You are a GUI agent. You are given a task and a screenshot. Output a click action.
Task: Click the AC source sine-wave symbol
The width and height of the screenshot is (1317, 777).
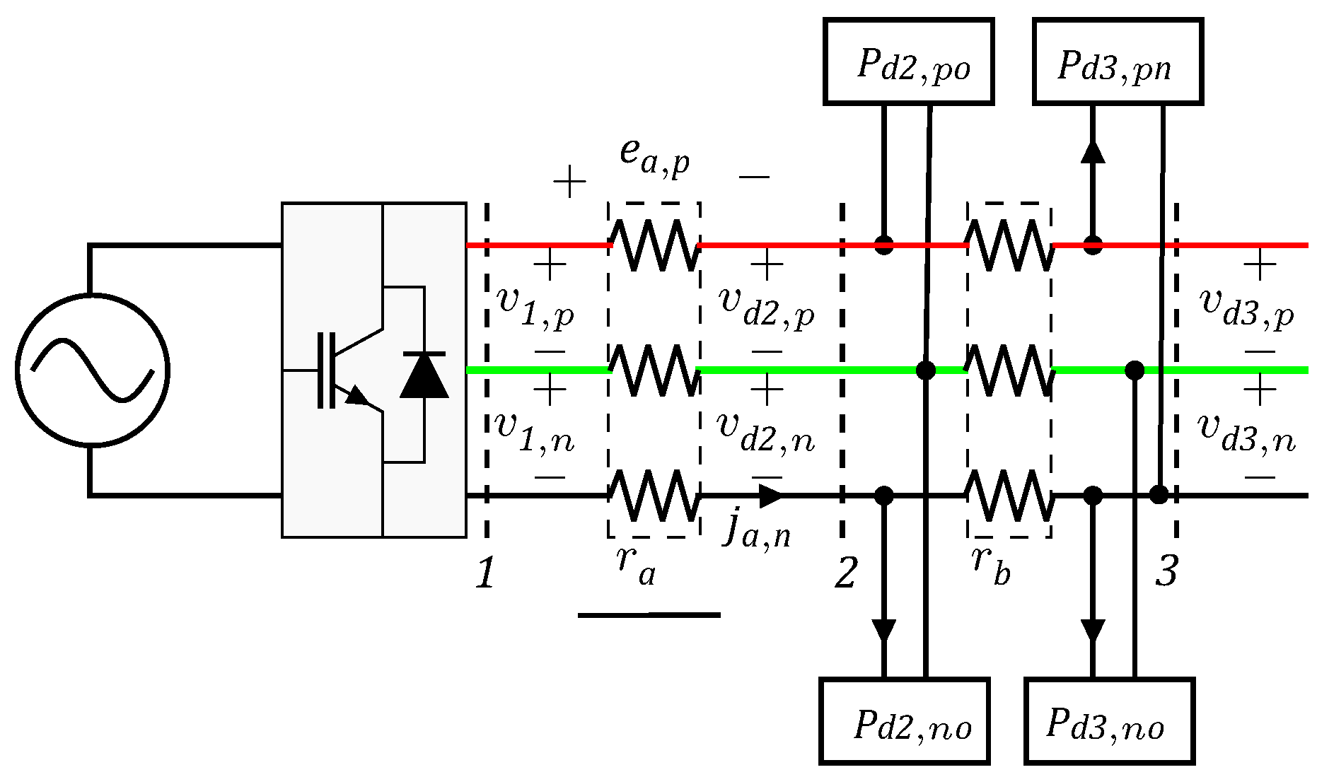pos(92,370)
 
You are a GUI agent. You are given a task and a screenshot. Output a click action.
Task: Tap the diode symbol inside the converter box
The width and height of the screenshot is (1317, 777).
pos(424,375)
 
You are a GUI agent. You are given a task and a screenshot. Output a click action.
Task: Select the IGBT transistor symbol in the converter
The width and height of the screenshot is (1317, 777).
pos(347,370)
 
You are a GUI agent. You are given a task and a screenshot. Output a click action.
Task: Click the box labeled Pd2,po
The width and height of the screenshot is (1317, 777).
pos(909,62)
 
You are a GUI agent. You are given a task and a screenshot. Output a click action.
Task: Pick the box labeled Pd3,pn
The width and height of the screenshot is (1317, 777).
pos(1118,62)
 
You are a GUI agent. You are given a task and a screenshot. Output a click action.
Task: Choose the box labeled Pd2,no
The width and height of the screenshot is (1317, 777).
pos(905,721)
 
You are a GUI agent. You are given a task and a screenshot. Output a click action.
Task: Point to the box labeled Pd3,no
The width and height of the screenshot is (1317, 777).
pos(1109,721)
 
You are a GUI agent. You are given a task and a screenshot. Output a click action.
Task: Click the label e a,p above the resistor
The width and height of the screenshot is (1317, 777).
pos(654,156)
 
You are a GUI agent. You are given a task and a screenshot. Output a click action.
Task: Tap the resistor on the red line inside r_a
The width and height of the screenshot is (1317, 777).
pos(655,245)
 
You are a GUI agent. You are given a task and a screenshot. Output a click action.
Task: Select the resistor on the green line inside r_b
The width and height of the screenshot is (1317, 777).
pos(1010,370)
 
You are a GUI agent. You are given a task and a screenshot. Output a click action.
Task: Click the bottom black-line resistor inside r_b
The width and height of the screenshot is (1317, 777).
pos(1010,495)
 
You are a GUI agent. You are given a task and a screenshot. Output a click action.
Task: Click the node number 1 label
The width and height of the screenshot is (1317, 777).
pos(485,573)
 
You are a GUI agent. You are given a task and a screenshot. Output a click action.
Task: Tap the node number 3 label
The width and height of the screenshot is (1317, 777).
pos(1166,571)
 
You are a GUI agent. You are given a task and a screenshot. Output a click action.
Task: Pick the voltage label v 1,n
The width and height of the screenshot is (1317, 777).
pos(535,431)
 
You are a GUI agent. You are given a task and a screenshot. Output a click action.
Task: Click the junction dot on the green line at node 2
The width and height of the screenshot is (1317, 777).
pos(925,370)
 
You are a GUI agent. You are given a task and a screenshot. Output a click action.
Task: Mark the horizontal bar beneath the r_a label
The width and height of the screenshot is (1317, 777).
pos(649,615)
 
